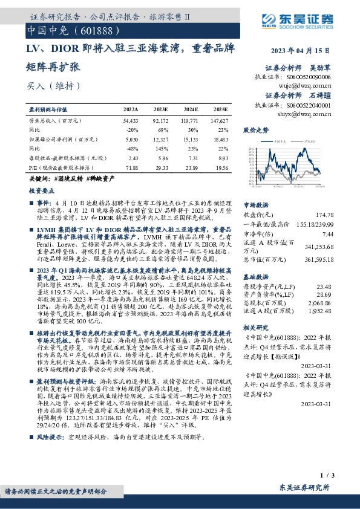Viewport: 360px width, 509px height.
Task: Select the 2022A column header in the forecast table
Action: (x=131, y=109)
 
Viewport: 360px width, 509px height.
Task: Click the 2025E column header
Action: (x=223, y=109)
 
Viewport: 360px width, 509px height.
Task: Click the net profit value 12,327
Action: (x=160, y=140)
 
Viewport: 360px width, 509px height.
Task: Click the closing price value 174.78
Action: (x=324, y=214)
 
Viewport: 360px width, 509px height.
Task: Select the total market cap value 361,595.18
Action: (x=318, y=259)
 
